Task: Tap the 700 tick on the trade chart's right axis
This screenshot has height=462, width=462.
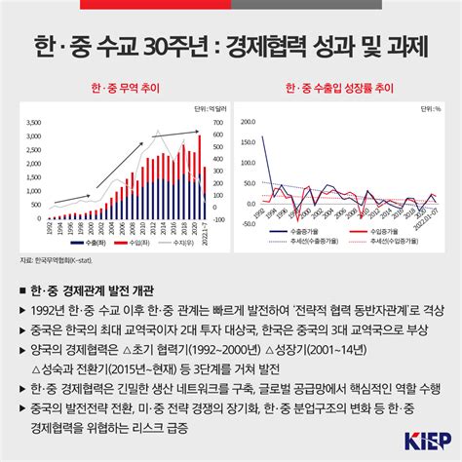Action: click(x=218, y=122)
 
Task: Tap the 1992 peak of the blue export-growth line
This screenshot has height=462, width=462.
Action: click(x=264, y=137)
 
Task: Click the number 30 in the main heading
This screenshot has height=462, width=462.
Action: click(x=155, y=44)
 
